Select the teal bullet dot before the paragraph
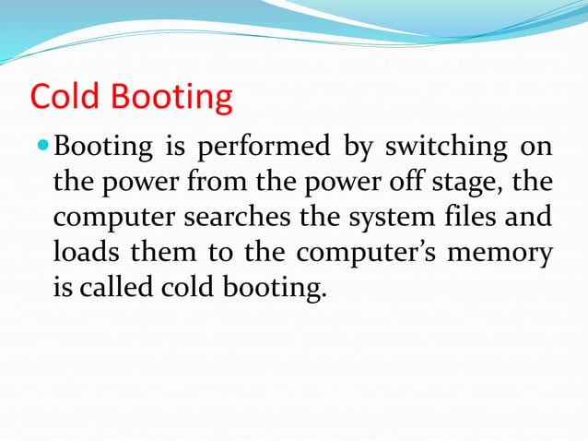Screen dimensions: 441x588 click(43, 147)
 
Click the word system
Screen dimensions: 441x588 click(399, 219)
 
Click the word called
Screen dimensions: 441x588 click(113, 287)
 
